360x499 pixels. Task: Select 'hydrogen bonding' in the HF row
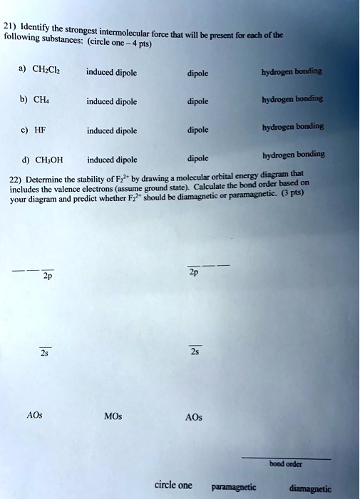pos(294,126)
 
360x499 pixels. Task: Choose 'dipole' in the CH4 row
pos(197,101)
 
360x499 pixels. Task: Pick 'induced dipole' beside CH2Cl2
pos(111,72)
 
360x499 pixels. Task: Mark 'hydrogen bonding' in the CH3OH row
pos(294,154)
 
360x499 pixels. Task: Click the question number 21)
pos(9,27)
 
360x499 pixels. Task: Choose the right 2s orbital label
pos(195,351)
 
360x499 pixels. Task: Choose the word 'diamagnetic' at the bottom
pos(310,489)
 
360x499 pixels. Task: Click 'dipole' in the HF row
pos(197,130)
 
